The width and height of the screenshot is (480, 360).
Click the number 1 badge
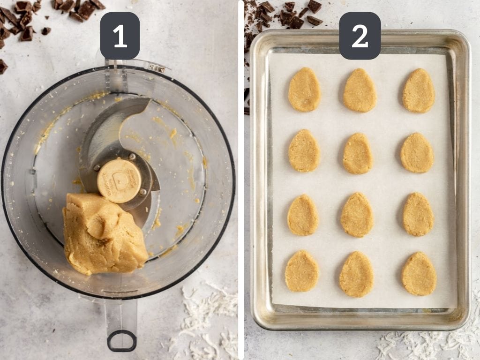pos(120,36)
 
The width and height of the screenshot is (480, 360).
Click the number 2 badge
pos(360,36)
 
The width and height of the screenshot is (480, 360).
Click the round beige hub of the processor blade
pos(120,180)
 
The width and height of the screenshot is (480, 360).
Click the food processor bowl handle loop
pos(121,340)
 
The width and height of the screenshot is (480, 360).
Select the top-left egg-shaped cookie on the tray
pos(304,89)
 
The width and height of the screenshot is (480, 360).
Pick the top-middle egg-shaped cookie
pos(360,90)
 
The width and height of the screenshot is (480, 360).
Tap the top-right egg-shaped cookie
pos(419,90)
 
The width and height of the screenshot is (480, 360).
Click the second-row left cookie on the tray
pos(304,150)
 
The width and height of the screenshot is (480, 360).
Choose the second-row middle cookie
pos(358,153)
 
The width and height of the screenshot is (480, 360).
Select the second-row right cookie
pos(417,152)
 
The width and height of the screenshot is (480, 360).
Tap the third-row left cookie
pos(303,215)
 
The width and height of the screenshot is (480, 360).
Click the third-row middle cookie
pos(357,215)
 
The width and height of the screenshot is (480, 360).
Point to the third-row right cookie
pos(418,214)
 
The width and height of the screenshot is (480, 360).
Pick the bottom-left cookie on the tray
pos(302,271)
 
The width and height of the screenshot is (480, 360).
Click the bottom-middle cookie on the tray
pos(357,274)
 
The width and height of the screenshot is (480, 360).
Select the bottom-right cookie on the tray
pos(419,274)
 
